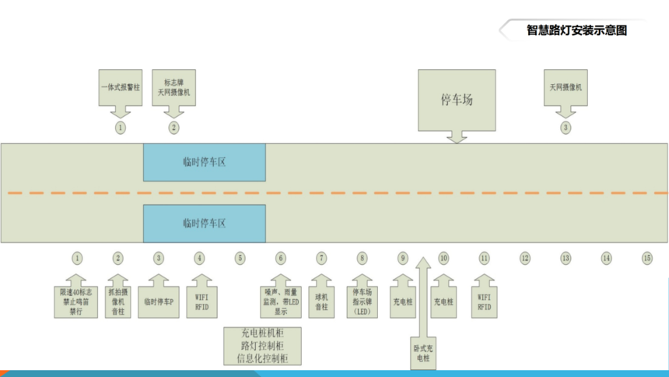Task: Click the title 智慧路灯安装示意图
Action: (x=576, y=31)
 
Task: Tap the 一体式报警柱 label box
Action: (x=120, y=88)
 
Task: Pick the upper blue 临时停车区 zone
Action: (x=204, y=162)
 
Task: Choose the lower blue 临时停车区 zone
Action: (x=204, y=223)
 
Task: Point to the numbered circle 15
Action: (x=646, y=258)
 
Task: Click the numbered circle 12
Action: (x=525, y=258)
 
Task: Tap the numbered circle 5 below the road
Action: (x=240, y=258)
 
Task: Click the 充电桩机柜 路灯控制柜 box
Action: (x=262, y=346)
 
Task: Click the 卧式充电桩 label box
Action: (x=422, y=353)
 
